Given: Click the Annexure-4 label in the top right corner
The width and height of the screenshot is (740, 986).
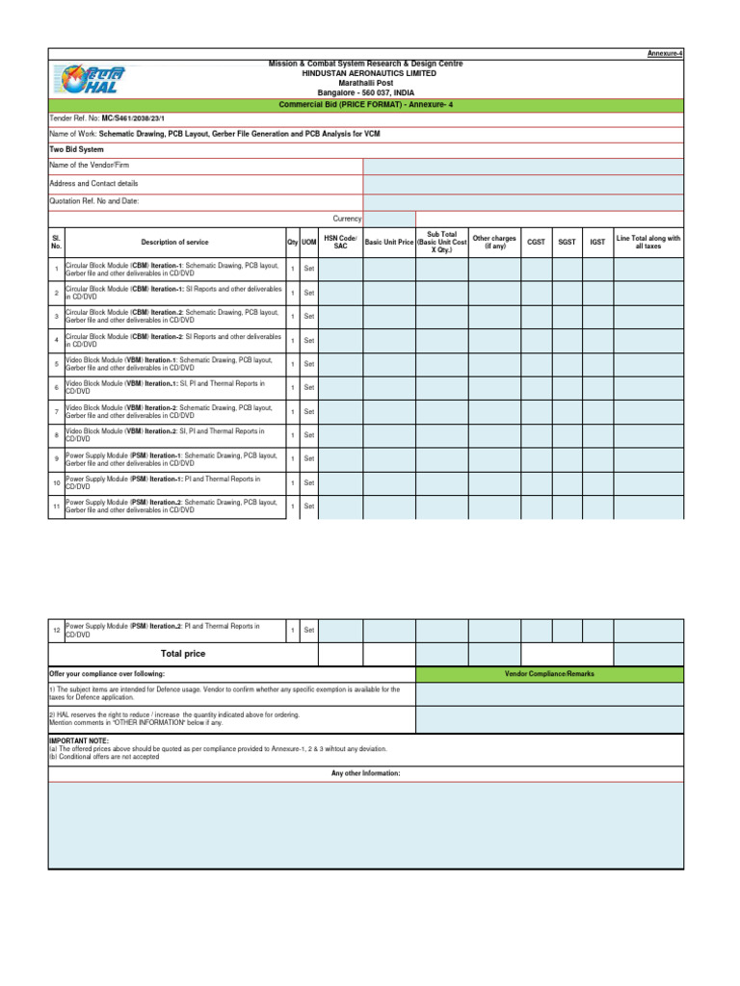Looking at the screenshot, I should (666, 54).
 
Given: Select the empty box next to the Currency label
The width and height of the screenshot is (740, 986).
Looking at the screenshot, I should (388, 219).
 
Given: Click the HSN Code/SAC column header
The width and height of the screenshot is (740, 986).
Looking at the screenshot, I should (340, 242).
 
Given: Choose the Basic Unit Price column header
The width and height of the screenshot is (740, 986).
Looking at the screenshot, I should (388, 242).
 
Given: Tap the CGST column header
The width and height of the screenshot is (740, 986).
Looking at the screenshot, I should (537, 242).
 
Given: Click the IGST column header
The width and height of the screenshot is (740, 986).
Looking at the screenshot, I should (597, 242).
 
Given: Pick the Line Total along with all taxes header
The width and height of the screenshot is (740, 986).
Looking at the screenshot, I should (648, 242).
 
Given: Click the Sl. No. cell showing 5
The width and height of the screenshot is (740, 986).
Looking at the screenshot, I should (56, 364).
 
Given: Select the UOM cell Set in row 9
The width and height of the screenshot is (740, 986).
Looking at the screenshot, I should (309, 458).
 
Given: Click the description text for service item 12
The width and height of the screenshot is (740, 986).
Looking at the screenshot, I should (162, 631).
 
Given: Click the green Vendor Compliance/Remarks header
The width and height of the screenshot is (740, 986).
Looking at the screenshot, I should (549, 674).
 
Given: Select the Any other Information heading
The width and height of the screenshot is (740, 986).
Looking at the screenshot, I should (365, 773).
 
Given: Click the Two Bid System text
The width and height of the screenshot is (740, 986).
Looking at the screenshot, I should (76, 150).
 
